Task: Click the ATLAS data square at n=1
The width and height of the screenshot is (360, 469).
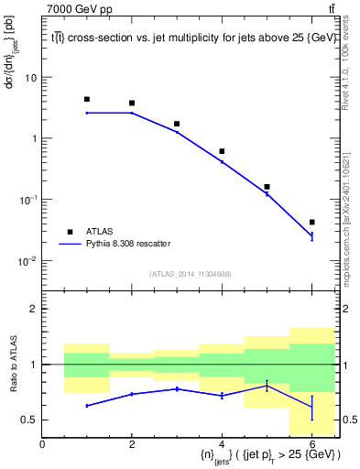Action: pyautogui.click(x=87, y=99)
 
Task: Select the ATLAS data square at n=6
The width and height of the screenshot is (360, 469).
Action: pyautogui.click(x=311, y=222)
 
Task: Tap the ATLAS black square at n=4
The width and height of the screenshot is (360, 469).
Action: pyautogui.click(x=222, y=151)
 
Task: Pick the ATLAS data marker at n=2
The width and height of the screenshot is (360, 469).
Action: pyautogui.click(x=132, y=104)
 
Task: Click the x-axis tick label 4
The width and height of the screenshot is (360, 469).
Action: pyautogui.click(x=222, y=444)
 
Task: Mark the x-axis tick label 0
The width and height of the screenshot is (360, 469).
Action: pyautogui.click(x=42, y=444)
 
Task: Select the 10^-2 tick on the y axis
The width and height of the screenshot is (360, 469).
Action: pyautogui.click(x=27, y=261)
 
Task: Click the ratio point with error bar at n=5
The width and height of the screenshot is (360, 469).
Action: pyautogui.click(x=267, y=387)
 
